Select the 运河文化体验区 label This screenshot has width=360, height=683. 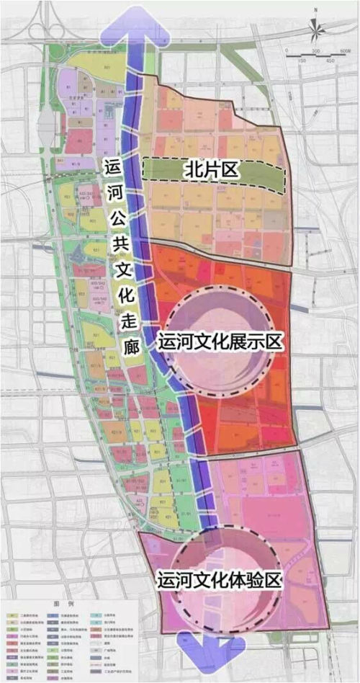[x=219, y=579]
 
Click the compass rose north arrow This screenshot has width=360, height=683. [x=315, y=30]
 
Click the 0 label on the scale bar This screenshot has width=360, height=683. [x=286, y=51]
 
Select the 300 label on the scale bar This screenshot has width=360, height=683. [x=315, y=51]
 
